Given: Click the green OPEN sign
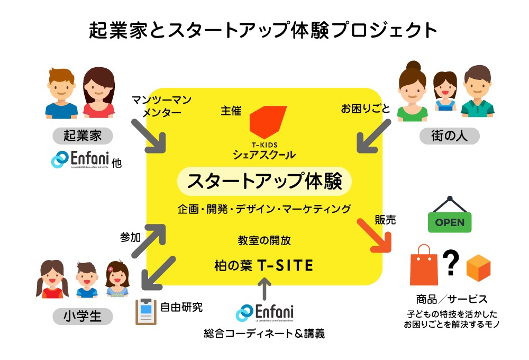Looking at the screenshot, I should (x=449, y=222).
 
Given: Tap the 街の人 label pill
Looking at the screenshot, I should (x=449, y=136).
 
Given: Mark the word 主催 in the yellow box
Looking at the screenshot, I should (x=231, y=111).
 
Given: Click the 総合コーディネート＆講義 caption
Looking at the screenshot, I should (x=264, y=334).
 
